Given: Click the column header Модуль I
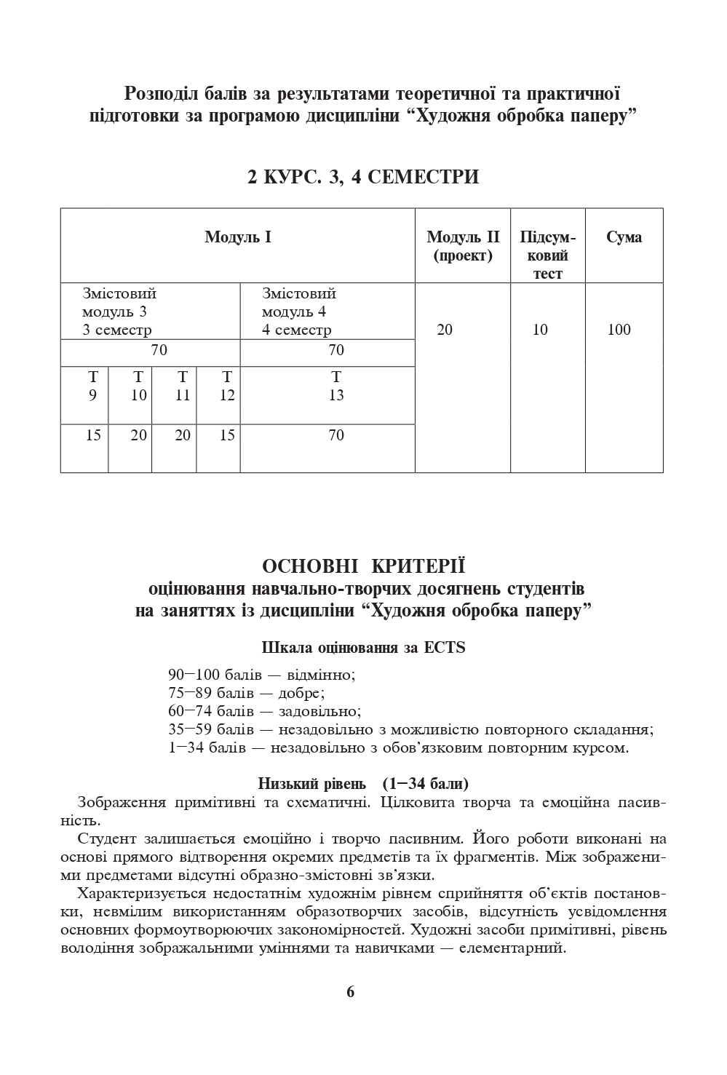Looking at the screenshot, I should click(x=238, y=237).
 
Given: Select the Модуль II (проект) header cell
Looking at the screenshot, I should click(x=463, y=246).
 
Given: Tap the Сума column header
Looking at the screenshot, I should click(x=624, y=237).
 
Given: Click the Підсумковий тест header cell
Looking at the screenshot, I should click(x=547, y=255).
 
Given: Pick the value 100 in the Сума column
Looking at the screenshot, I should click(x=619, y=330).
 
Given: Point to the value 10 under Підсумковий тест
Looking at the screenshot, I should click(x=540, y=330).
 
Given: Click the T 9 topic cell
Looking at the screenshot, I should click(x=92, y=386).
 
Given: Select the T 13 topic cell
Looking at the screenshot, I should click(x=335, y=386).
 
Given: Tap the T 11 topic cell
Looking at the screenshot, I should click(x=183, y=386).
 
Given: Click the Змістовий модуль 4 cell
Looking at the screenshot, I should click(x=298, y=312).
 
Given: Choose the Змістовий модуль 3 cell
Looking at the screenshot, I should click(x=119, y=312).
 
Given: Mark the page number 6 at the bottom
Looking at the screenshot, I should click(x=350, y=991).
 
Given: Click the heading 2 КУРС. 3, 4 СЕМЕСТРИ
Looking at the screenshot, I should click(x=363, y=177).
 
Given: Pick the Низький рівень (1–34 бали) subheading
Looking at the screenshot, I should click(x=363, y=784).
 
